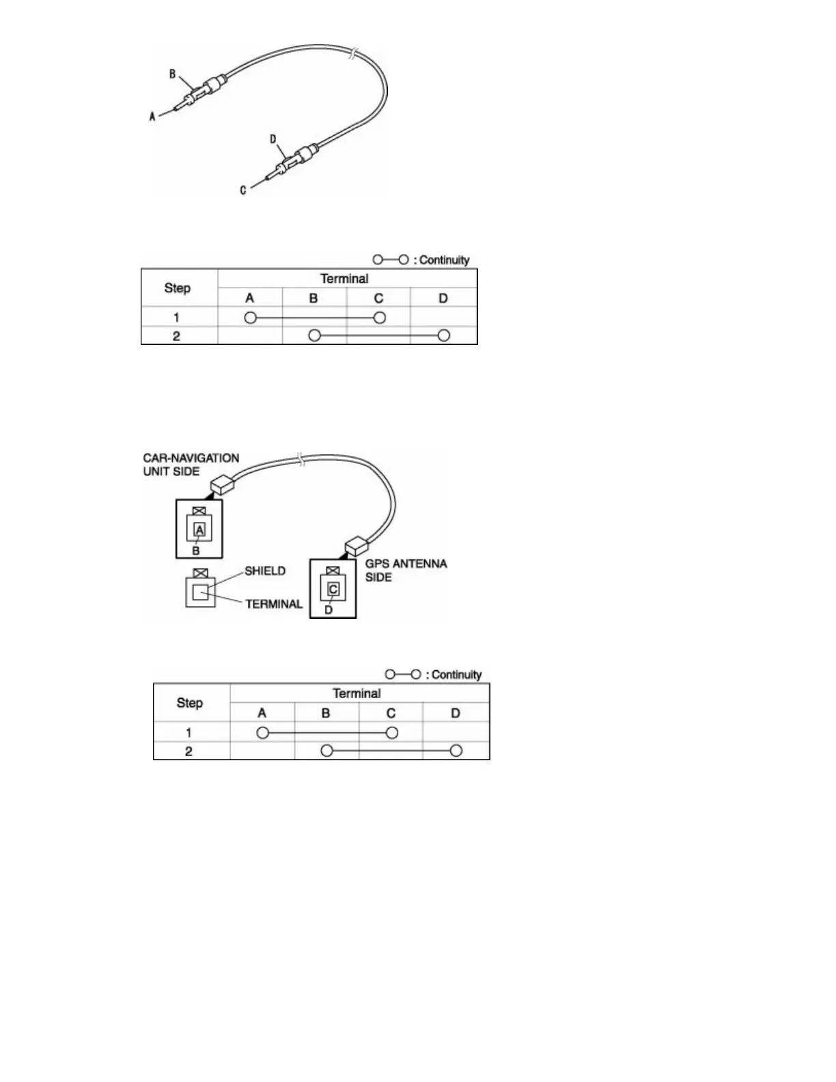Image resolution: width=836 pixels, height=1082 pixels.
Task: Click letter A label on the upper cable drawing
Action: pos(153,117)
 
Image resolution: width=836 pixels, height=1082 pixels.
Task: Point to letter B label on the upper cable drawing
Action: pos(173,74)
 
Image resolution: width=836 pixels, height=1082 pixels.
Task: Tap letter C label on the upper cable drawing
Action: pos(243,190)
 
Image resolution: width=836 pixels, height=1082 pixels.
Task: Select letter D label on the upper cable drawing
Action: pos(273,139)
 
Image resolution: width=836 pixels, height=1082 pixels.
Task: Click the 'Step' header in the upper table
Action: pos(178,288)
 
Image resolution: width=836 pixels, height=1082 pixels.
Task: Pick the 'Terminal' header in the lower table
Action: pos(357,693)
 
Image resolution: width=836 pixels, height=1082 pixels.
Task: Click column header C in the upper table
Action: pos(378,298)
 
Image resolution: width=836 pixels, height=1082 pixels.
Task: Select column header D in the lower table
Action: pos(456,713)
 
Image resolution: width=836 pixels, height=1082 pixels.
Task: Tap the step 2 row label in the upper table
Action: pos(176,336)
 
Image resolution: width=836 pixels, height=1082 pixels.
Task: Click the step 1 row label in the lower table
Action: pos(189,732)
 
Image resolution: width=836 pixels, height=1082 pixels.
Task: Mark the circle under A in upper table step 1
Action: pos(250,318)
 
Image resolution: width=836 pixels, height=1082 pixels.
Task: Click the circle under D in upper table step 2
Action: pos(444,335)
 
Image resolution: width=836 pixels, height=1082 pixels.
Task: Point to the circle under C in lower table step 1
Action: pos(391,733)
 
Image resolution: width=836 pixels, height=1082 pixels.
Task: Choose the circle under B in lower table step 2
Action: pos(327,751)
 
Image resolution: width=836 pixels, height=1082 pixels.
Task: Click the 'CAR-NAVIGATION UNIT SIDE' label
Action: pos(191,464)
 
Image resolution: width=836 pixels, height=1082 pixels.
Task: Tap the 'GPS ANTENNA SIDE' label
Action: pos(406,570)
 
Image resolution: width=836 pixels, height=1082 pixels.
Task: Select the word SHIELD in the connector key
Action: pos(265,571)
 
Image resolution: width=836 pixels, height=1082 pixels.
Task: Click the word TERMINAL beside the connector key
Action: pos(274,604)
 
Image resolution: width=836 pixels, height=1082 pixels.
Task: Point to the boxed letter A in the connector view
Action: pos(199,529)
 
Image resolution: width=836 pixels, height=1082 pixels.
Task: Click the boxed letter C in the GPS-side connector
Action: pos(333,589)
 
